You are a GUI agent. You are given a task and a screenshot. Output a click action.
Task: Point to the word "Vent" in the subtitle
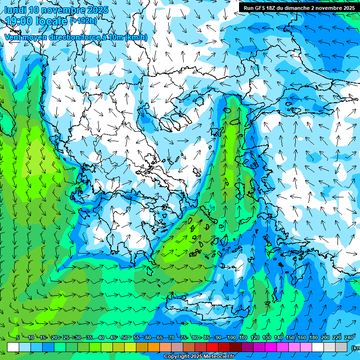tap(14, 37)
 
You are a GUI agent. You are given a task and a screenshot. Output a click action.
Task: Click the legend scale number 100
tap(231, 338)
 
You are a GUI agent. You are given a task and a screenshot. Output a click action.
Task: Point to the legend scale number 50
tap(124, 338)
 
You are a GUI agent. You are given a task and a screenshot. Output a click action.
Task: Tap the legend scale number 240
tap(349, 338)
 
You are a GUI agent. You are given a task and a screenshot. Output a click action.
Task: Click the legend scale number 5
tap(17, 338)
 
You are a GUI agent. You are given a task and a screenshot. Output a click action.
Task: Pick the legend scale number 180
tap(314, 338)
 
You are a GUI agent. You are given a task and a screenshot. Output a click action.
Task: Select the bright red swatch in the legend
tap(212, 347)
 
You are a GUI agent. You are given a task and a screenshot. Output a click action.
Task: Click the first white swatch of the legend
tap(13, 347)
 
